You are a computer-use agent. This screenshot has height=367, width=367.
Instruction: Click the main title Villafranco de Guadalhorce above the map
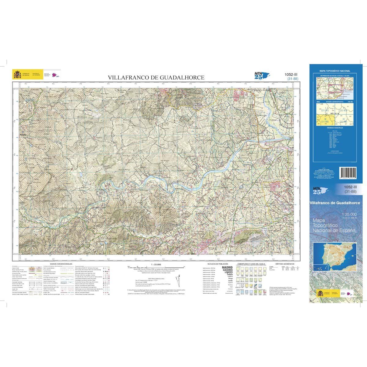pos(156,78)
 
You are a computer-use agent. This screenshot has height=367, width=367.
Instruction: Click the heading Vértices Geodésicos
pos(284,263)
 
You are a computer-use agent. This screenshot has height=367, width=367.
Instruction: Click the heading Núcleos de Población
pos(216,263)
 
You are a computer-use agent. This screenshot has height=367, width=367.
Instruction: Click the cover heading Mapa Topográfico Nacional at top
pos(335,71)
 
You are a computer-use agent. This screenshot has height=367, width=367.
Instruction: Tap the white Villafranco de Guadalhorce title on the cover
pos(335,203)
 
